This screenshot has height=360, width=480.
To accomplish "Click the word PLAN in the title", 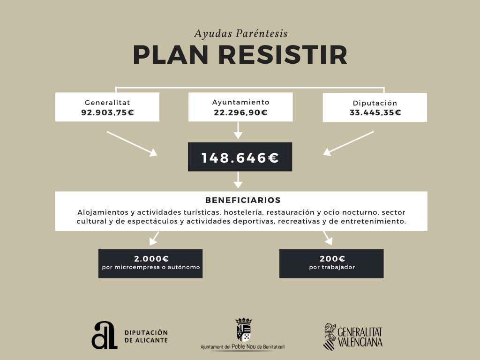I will (171, 55).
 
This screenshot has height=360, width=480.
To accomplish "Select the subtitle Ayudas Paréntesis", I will (240, 34).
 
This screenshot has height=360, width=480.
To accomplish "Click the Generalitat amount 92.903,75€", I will (107, 112).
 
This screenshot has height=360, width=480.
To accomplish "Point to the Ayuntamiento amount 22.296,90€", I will (240, 112).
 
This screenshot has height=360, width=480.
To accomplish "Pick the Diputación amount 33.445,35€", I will (375, 112).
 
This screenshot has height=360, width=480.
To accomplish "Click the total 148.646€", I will (240, 158).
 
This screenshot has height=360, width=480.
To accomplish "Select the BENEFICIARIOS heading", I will (243, 200).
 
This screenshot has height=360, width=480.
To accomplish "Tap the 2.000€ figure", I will (151, 259).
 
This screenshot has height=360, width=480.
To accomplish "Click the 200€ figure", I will (332, 259).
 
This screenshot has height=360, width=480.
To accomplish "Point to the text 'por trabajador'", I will (332, 268).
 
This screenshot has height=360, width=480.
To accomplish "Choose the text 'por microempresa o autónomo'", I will (151, 268).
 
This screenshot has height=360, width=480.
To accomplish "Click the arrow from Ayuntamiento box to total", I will (238, 130).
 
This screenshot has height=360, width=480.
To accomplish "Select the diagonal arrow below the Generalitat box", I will (132, 143).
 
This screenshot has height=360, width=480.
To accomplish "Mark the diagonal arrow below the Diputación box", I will (349, 142).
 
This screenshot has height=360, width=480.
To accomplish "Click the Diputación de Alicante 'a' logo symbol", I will (104, 335).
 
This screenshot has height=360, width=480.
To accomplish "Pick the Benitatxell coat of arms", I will (243, 330).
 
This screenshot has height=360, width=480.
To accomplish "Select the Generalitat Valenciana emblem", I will (330, 337).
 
